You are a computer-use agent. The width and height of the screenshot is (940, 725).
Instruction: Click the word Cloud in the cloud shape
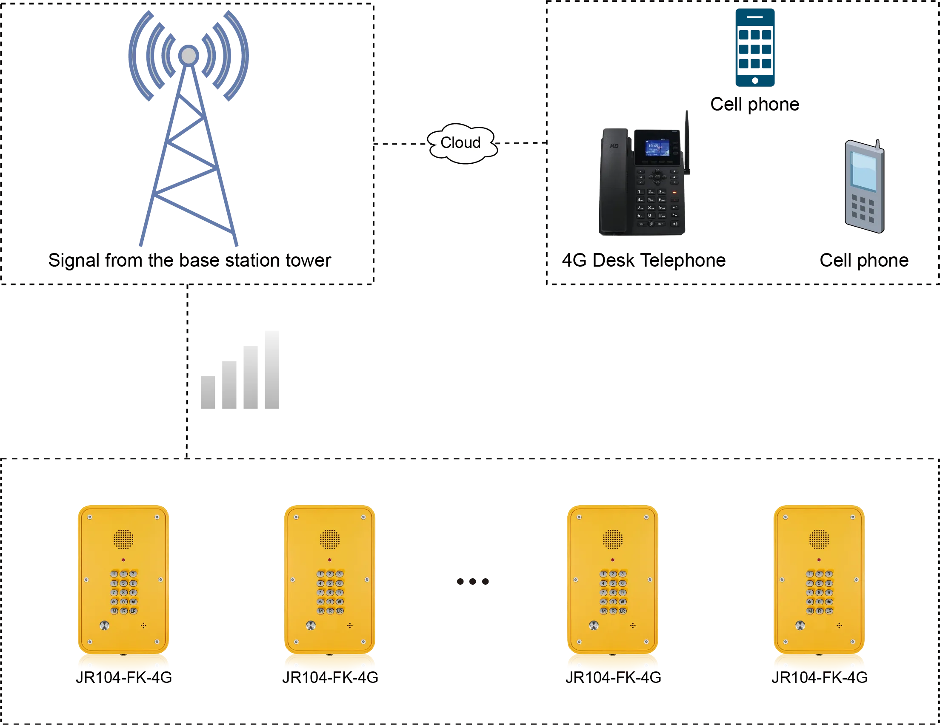pos(460,143)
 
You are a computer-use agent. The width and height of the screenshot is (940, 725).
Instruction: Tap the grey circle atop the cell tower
pos(189,55)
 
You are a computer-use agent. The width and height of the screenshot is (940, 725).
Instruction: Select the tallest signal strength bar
pos(270,371)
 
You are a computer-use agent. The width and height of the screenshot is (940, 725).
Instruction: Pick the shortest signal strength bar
pos(209,392)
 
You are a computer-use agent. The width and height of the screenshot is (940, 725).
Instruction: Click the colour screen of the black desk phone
pos(657,148)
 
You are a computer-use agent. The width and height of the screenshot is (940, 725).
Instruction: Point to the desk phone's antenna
pos(687,142)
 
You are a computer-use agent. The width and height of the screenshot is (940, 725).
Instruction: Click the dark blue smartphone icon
pos(755,47)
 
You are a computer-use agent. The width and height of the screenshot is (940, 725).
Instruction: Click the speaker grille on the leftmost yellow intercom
pos(123,539)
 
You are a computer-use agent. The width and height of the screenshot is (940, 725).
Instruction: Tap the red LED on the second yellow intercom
pos(330,560)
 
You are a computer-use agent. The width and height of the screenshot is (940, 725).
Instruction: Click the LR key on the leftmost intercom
pos(133,611)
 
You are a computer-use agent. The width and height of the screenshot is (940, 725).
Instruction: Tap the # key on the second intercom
pos(340,602)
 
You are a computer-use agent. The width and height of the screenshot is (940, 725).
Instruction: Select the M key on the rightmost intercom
pos(810,611)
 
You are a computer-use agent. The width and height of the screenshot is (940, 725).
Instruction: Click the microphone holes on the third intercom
pos(633,625)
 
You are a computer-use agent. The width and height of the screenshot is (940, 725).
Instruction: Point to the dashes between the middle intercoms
pos(473,582)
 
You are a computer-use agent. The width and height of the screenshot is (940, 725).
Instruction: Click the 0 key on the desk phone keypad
pos(650,216)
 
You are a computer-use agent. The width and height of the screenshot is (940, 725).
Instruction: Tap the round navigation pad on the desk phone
pos(657,176)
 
